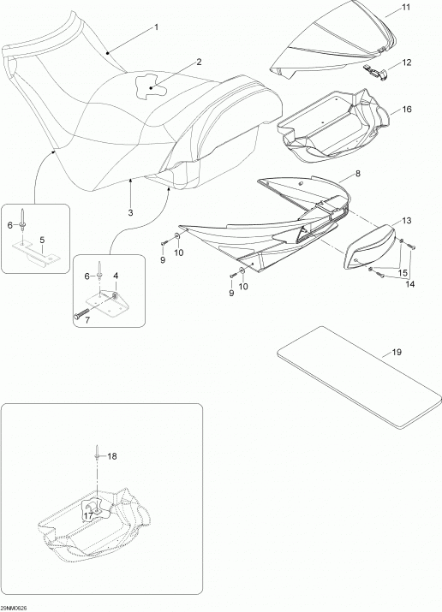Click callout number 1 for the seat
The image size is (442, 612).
click(x=156, y=27)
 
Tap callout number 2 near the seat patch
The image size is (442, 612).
click(x=199, y=62)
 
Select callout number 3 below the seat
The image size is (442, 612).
click(x=130, y=212)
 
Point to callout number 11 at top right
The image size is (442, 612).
click(x=406, y=8)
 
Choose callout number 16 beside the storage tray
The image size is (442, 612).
click(x=407, y=109)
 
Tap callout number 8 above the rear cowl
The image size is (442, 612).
click(x=358, y=174)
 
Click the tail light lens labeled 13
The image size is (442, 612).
click(x=369, y=247)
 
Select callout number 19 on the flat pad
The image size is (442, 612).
click(x=397, y=352)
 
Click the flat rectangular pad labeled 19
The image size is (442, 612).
click(x=359, y=377)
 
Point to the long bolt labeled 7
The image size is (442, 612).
click(x=84, y=313)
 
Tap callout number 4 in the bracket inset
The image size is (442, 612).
click(x=116, y=276)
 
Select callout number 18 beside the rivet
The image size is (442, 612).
click(x=111, y=456)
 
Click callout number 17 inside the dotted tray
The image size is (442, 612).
click(x=88, y=515)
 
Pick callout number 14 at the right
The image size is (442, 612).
click(x=409, y=284)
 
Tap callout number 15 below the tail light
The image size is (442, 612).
click(x=402, y=271)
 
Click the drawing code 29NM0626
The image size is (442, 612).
click(x=14, y=608)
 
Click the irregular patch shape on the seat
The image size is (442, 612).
click(x=151, y=85)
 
